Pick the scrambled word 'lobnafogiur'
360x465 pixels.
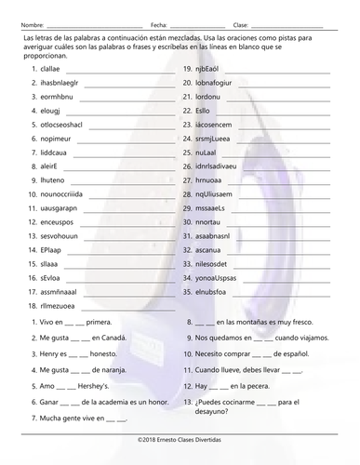coord(215,83)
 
